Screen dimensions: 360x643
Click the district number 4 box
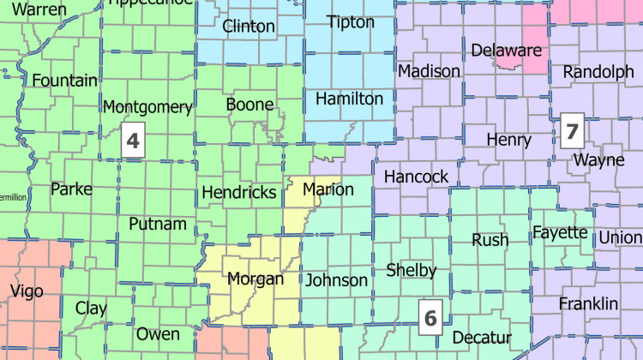pos(133,140)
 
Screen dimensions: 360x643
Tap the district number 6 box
pos(430,316)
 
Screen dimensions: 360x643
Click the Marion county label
pos(328,189)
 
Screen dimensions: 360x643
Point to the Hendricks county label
pos(239,192)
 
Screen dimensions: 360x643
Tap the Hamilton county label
pos(349,99)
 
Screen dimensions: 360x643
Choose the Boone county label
pos(249,105)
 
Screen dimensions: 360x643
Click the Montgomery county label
pos(147,107)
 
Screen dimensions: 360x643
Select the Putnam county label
pos(157,225)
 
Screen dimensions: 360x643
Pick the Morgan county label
pos(254,279)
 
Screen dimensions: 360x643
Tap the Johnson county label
pos(337,279)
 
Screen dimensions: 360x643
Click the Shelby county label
pos(412,270)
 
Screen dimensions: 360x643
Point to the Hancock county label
pos(416,177)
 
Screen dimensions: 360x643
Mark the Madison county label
pos(429,70)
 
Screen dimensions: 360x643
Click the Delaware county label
pos(506,50)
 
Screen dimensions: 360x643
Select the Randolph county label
pos(598,73)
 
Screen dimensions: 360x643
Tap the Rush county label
pos(490,240)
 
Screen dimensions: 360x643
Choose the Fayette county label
pos(560,233)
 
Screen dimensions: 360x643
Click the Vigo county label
pos(27,291)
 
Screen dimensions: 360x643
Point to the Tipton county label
pos(351,22)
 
